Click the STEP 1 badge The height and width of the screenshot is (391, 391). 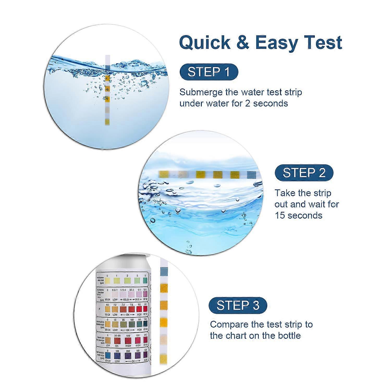tap(209, 72)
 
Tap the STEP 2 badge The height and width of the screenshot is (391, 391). tap(304, 173)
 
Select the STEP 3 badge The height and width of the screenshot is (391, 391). tap(238, 305)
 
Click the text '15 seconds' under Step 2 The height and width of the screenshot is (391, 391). tap(298, 216)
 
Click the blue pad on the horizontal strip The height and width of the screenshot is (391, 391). tap(251, 175)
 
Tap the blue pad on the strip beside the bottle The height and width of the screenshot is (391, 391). tap(164, 271)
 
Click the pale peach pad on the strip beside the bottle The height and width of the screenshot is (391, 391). tap(163, 339)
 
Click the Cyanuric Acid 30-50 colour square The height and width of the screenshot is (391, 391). tap(118, 340)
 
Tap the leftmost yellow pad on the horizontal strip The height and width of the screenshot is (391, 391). tap(163, 174)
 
